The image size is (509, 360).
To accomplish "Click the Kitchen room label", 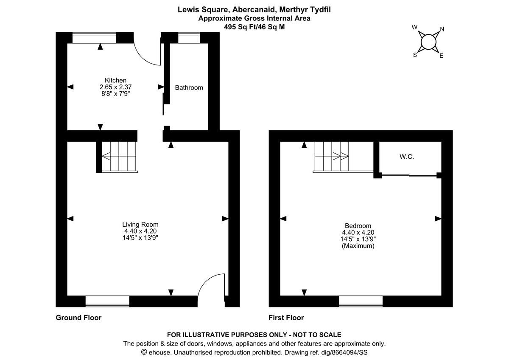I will (x=115, y=80).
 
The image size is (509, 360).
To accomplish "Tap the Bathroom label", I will (x=189, y=87).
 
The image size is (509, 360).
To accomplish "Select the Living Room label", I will (x=140, y=225).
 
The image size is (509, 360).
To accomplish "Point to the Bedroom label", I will (x=358, y=226).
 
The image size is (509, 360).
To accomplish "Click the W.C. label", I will (x=406, y=157).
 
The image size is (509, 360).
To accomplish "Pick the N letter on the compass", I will (x=442, y=29).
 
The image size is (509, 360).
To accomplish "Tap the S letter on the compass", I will (x=415, y=55).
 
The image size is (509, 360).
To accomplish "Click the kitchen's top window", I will (x=94, y=38).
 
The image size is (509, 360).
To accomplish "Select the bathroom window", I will (x=189, y=38).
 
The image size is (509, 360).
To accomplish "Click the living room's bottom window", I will (x=107, y=301).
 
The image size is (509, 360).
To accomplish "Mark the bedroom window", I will (x=361, y=301).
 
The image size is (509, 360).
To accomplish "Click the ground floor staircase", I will (x=119, y=157).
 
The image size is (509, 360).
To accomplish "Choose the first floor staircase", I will (x=331, y=156).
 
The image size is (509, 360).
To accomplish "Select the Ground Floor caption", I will (x=78, y=318).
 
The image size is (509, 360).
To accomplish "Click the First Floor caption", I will (x=286, y=318).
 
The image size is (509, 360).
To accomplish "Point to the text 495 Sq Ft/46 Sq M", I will (x=255, y=26).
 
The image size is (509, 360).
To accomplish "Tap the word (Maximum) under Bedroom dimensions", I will (x=358, y=246).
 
